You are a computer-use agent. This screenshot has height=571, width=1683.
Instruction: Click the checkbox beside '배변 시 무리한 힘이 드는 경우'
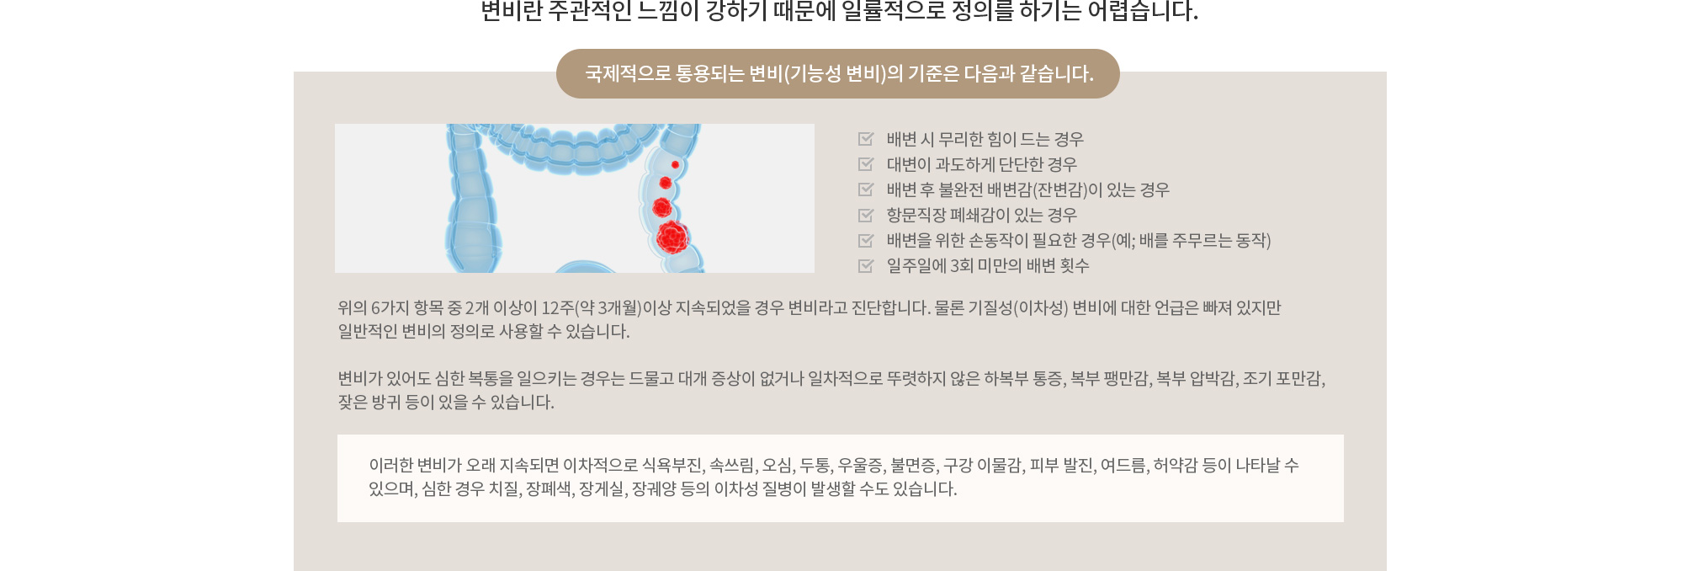point(866,139)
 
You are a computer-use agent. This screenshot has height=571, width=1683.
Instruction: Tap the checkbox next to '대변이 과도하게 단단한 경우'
point(866,164)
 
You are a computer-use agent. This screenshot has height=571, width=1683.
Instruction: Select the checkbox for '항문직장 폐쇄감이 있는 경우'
point(866,215)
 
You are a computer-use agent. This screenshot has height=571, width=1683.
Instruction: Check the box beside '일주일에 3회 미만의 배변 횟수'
point(866,265)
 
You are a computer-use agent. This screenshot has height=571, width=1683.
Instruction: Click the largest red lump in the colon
point(672,237)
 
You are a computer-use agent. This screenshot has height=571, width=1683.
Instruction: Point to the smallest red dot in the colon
point(675,164)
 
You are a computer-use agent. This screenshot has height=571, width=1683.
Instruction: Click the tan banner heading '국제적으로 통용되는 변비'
point(838,74)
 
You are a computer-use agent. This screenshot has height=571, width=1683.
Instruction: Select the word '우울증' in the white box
point(861,465)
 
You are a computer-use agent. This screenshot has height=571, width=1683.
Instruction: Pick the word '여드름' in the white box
point(1123,465)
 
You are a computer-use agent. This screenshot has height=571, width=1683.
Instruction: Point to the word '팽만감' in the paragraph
point(1126,379)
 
